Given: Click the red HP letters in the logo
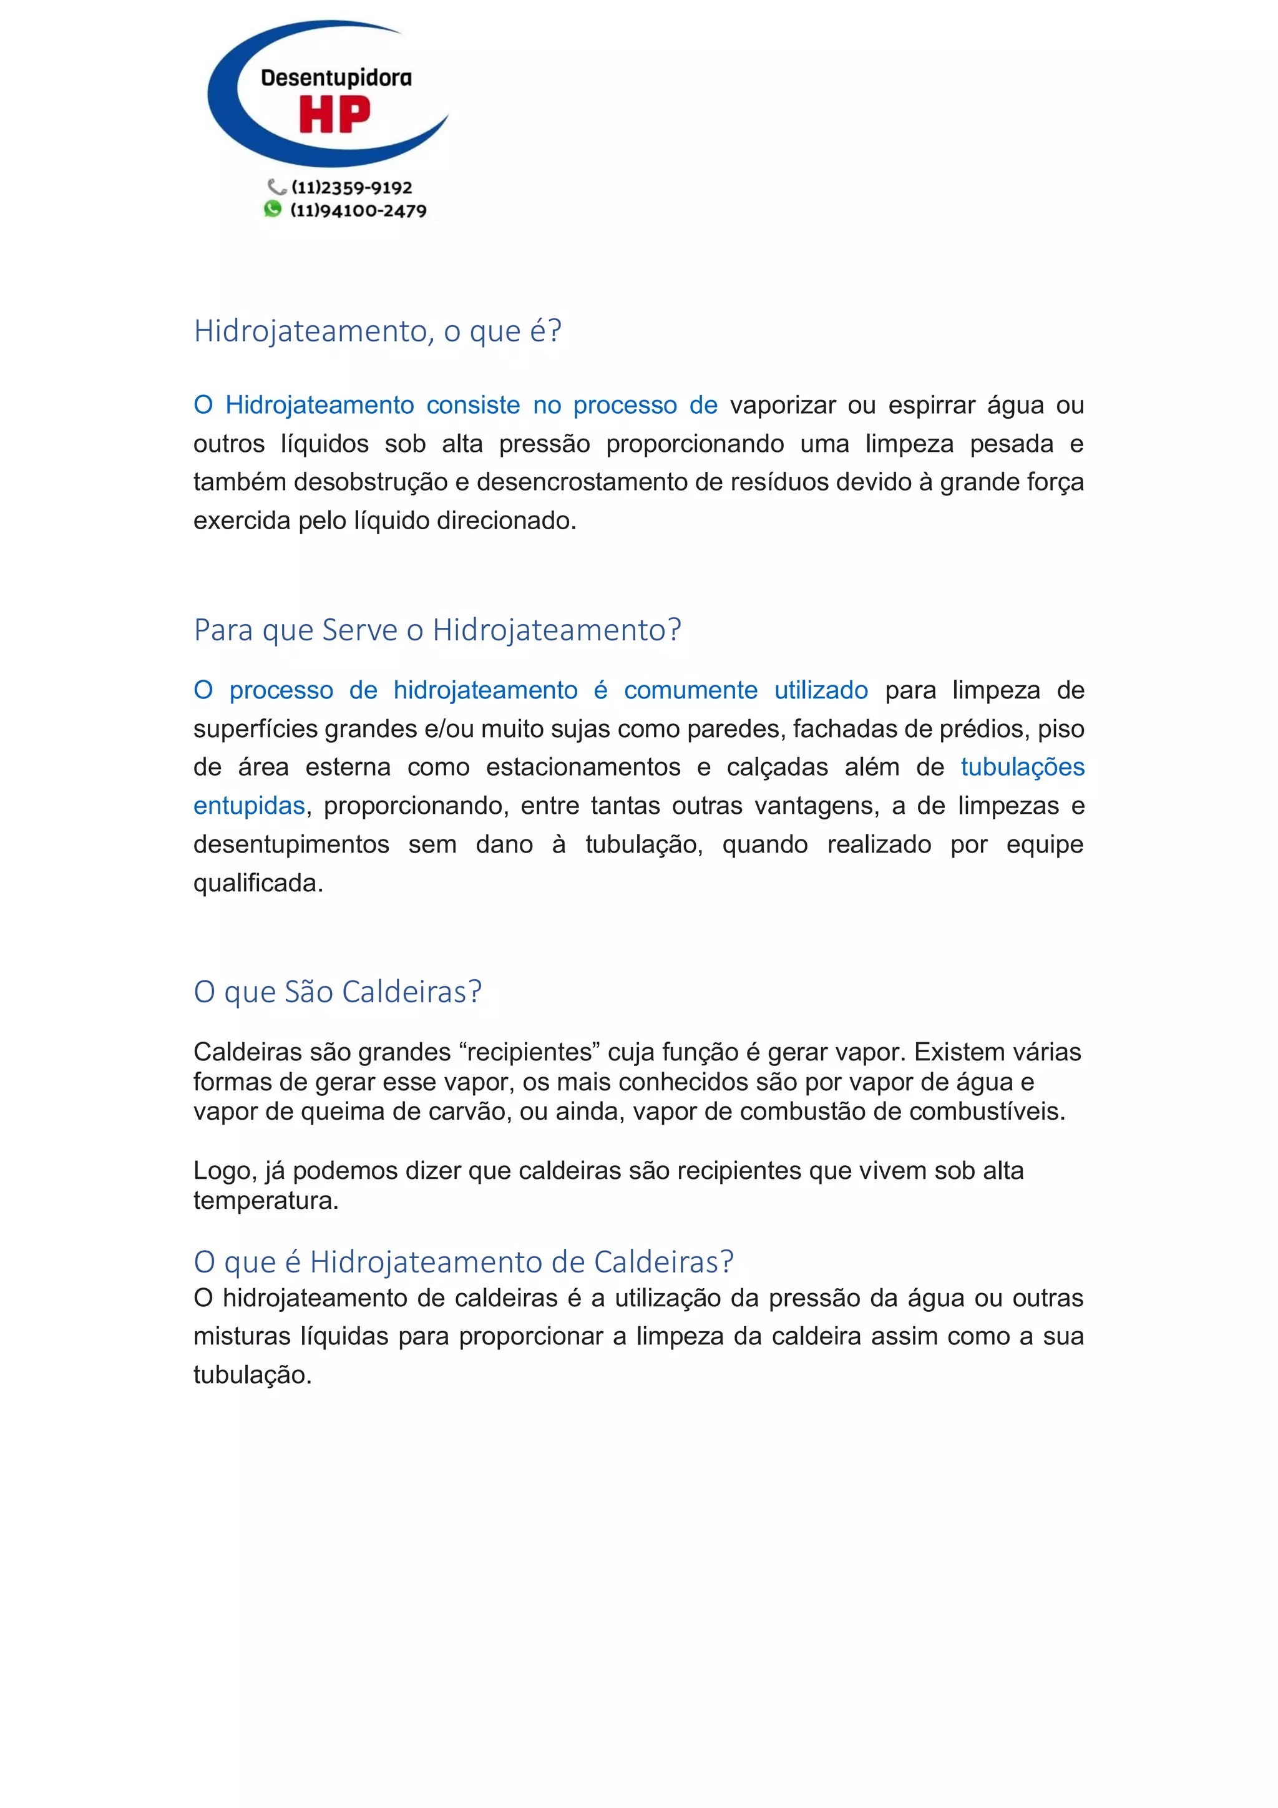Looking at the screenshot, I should pyautogui.click(x=334, y=115).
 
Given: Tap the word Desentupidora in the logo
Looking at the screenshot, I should pyautogui.click(x=336, y=78).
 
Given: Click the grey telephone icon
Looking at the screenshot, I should pyautogui.click(x=276, y=187).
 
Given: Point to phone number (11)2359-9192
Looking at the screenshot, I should pyautogui.click(x=351, y=187).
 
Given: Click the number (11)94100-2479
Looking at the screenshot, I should pyautogui.click(x=358, y=210).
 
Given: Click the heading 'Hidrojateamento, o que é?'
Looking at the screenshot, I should pyautogui.click(x=377, y=331).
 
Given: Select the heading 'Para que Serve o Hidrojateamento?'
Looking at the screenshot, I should pyautogui.click(x=437, y=630).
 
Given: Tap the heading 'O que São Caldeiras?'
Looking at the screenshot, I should pyautogui.click(x=337, y=992).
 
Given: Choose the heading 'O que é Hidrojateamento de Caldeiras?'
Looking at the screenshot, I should pyautogui.click(x=463, y=1261).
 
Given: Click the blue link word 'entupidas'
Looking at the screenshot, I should pyautogui.click(x=249, y=806).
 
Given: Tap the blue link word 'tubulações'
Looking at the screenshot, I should pyautogui.click(x=1022, y=767).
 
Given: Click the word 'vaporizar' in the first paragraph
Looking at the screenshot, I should pyautogui.click(x=782, y=405).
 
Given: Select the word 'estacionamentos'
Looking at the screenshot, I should pyautogui.click(x=583, y=767).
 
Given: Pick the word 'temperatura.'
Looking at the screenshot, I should pyautogui.click(x=265, y=1201).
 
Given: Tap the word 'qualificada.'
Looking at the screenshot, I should pyautogui.click(x=258, y=882).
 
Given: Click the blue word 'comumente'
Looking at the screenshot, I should pyautogui.click(x=691, y=691).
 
